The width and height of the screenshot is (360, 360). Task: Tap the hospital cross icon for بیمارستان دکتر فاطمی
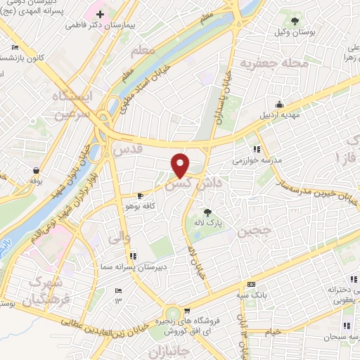point(101,13)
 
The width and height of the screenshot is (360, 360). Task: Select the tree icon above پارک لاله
point(207,212)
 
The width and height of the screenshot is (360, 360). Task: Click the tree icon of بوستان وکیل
point(295,20)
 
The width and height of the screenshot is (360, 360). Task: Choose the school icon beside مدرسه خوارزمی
point(257,149)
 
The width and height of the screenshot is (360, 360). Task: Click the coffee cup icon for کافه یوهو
point(141,195)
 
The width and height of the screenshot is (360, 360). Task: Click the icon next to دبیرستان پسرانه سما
point(133,256)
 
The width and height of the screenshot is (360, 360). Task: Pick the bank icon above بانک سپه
point(251,284)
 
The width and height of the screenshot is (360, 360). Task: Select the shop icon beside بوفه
point(35,170)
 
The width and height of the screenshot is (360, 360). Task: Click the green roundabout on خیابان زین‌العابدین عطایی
point(174,316)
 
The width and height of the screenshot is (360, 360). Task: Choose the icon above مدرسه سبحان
point(345,325)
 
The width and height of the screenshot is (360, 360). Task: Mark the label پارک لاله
point(207,222)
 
